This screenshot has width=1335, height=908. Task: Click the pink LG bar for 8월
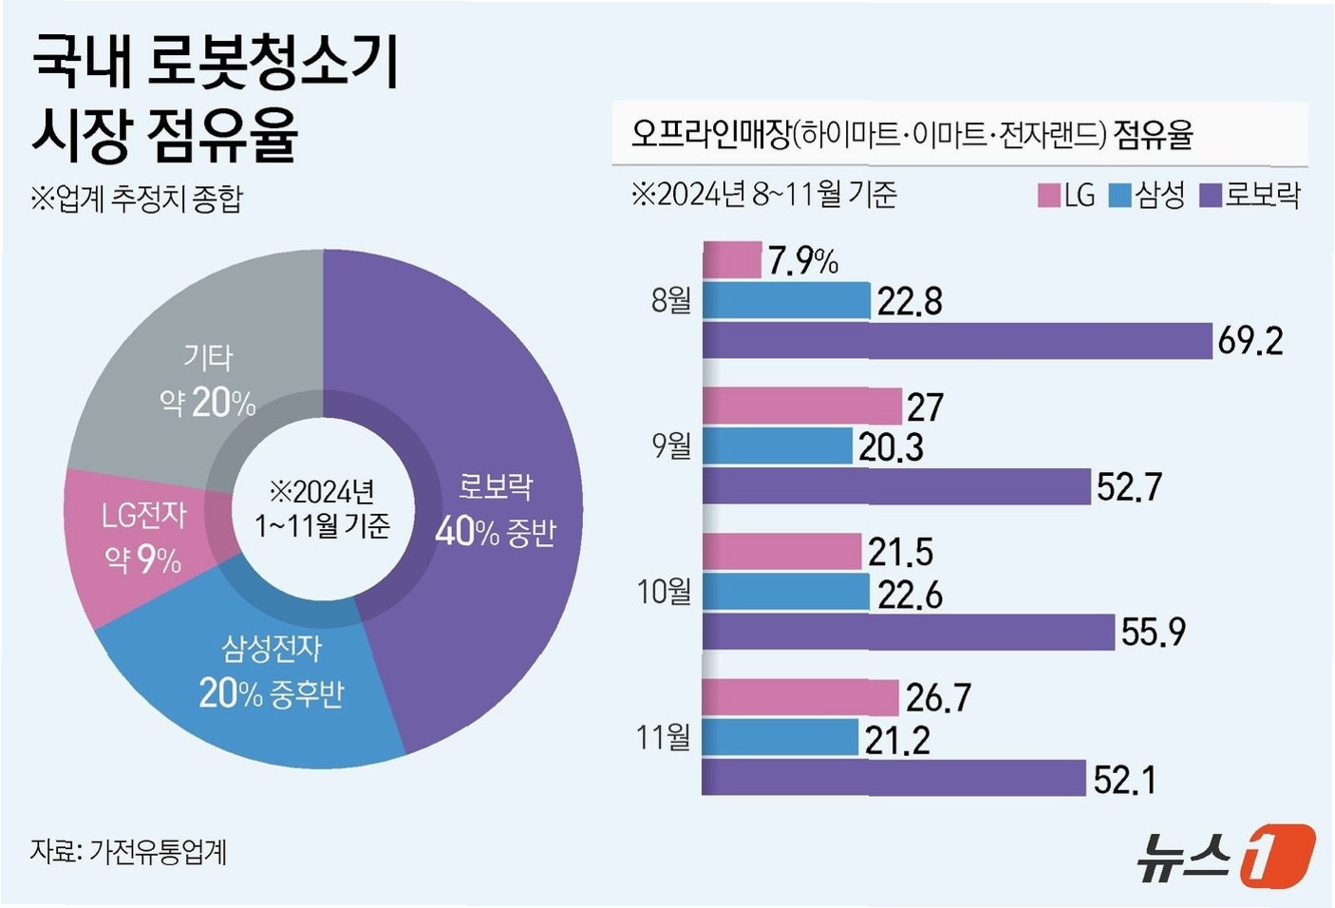coord(732,259)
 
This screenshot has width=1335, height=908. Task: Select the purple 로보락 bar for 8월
coord(958,341)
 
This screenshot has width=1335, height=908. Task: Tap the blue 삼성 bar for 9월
coord(778,446)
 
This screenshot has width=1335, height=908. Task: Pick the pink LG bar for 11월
coord(800,697)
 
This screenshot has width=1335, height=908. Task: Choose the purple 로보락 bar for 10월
coord(909,632)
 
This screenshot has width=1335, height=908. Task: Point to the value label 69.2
coord(1250,342)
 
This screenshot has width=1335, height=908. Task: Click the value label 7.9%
coord(803,261)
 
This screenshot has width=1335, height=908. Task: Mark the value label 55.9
coord(1154,632)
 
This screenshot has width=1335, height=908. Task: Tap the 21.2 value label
coord(897,741)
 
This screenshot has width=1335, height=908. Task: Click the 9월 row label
coord(671,446)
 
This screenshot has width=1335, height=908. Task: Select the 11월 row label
coord(664,738)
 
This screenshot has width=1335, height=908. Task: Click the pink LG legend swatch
coord(1048,196)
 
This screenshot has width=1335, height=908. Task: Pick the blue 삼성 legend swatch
coord(1119,196)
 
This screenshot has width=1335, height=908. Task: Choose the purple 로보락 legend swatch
coord(1211,196)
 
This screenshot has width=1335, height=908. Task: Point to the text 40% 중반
coord(495,532)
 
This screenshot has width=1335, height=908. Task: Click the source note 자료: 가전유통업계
coord(129,851)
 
